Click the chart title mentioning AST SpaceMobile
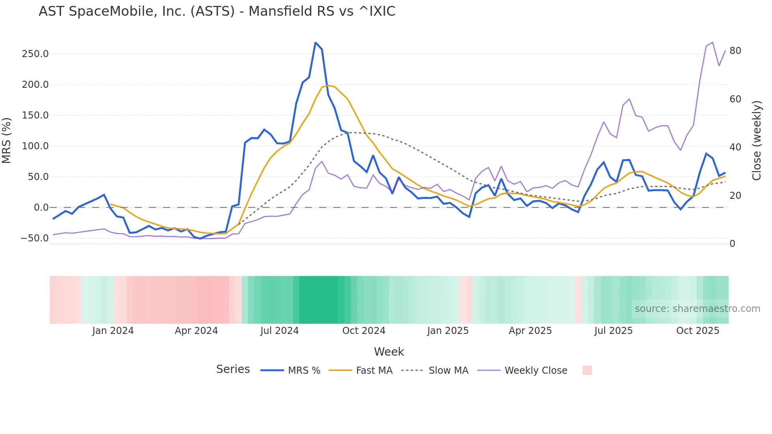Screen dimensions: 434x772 (217, 11)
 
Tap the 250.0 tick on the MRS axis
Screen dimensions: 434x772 (35, 54)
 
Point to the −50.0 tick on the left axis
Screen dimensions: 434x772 (35, 238)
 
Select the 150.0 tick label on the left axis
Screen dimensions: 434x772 (35, 115)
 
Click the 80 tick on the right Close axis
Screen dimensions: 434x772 (735, 51)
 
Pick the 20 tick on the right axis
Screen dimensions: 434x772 (735, 196)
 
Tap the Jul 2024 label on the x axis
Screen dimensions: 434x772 (279, 331)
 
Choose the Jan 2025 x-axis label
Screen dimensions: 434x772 (448, 331)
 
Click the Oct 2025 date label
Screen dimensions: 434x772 (698, 331)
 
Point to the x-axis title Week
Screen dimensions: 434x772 (389, 352)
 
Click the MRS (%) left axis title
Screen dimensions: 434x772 (6, 140)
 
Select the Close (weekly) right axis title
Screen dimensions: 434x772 (757, 140)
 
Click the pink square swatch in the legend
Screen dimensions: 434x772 (587, 370)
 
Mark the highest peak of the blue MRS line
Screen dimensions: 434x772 (315, 43)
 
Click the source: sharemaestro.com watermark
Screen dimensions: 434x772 (697, 309)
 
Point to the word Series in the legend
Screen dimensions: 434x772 (233, 369)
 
